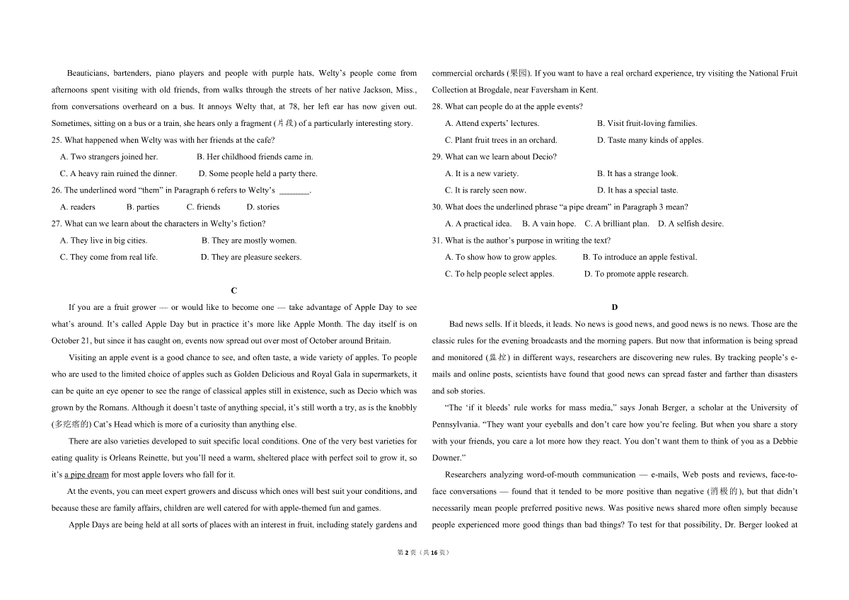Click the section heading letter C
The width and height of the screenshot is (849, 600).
point(234,291)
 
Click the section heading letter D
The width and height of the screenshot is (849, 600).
point(614,307)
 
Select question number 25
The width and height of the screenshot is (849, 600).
point(57,140)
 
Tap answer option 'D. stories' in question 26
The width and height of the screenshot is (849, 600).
point(262,207)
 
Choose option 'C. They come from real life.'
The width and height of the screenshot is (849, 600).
point(109,258)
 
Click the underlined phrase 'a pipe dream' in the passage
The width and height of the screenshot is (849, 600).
point(86,475)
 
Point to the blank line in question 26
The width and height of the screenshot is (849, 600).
point(294,191)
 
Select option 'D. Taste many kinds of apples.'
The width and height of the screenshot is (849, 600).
point(650,140)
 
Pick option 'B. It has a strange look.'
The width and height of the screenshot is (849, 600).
point(637,173)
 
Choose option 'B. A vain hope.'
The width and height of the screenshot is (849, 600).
point(549,224)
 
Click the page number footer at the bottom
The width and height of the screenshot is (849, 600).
point(424,553)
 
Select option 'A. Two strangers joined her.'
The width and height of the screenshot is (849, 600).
point(109,157)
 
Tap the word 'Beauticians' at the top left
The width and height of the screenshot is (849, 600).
point(87,73)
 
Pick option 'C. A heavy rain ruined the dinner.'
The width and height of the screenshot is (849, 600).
point(118,173)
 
